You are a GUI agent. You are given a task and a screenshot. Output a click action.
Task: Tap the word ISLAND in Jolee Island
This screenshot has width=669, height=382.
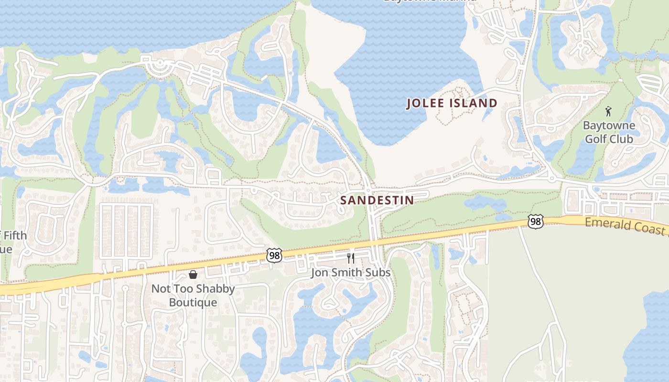(x=475, y=103)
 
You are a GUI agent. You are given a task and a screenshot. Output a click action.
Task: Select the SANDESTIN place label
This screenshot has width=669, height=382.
(x=377, y=200)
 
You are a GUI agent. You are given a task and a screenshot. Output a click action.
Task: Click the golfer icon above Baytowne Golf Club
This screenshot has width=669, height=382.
(x=608, y=112)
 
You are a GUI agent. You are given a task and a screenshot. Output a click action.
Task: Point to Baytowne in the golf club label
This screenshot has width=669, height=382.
(x=609, y=126)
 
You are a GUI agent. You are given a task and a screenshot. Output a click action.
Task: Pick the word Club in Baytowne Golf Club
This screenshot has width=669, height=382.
(x=623, y=139)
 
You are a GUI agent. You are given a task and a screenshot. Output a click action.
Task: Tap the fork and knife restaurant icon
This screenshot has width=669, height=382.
(x=351, y=258)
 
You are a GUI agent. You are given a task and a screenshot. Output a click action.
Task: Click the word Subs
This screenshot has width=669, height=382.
(x=378, y=273)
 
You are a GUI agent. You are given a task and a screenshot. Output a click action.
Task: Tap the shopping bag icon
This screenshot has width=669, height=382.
(x=193, y=275)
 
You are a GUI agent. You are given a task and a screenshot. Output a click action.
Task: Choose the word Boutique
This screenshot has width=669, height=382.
(x=193, y=302)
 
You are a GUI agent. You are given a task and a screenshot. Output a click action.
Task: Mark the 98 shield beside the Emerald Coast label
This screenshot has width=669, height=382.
(x=536, y=221)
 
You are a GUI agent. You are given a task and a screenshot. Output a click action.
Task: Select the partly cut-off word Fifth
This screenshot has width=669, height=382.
(x=14, y=236)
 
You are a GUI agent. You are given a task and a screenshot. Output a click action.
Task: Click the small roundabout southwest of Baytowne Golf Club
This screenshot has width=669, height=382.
(x=551, y=179)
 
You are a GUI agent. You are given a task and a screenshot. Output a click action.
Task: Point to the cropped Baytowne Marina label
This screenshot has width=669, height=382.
(x=430, y=1)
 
